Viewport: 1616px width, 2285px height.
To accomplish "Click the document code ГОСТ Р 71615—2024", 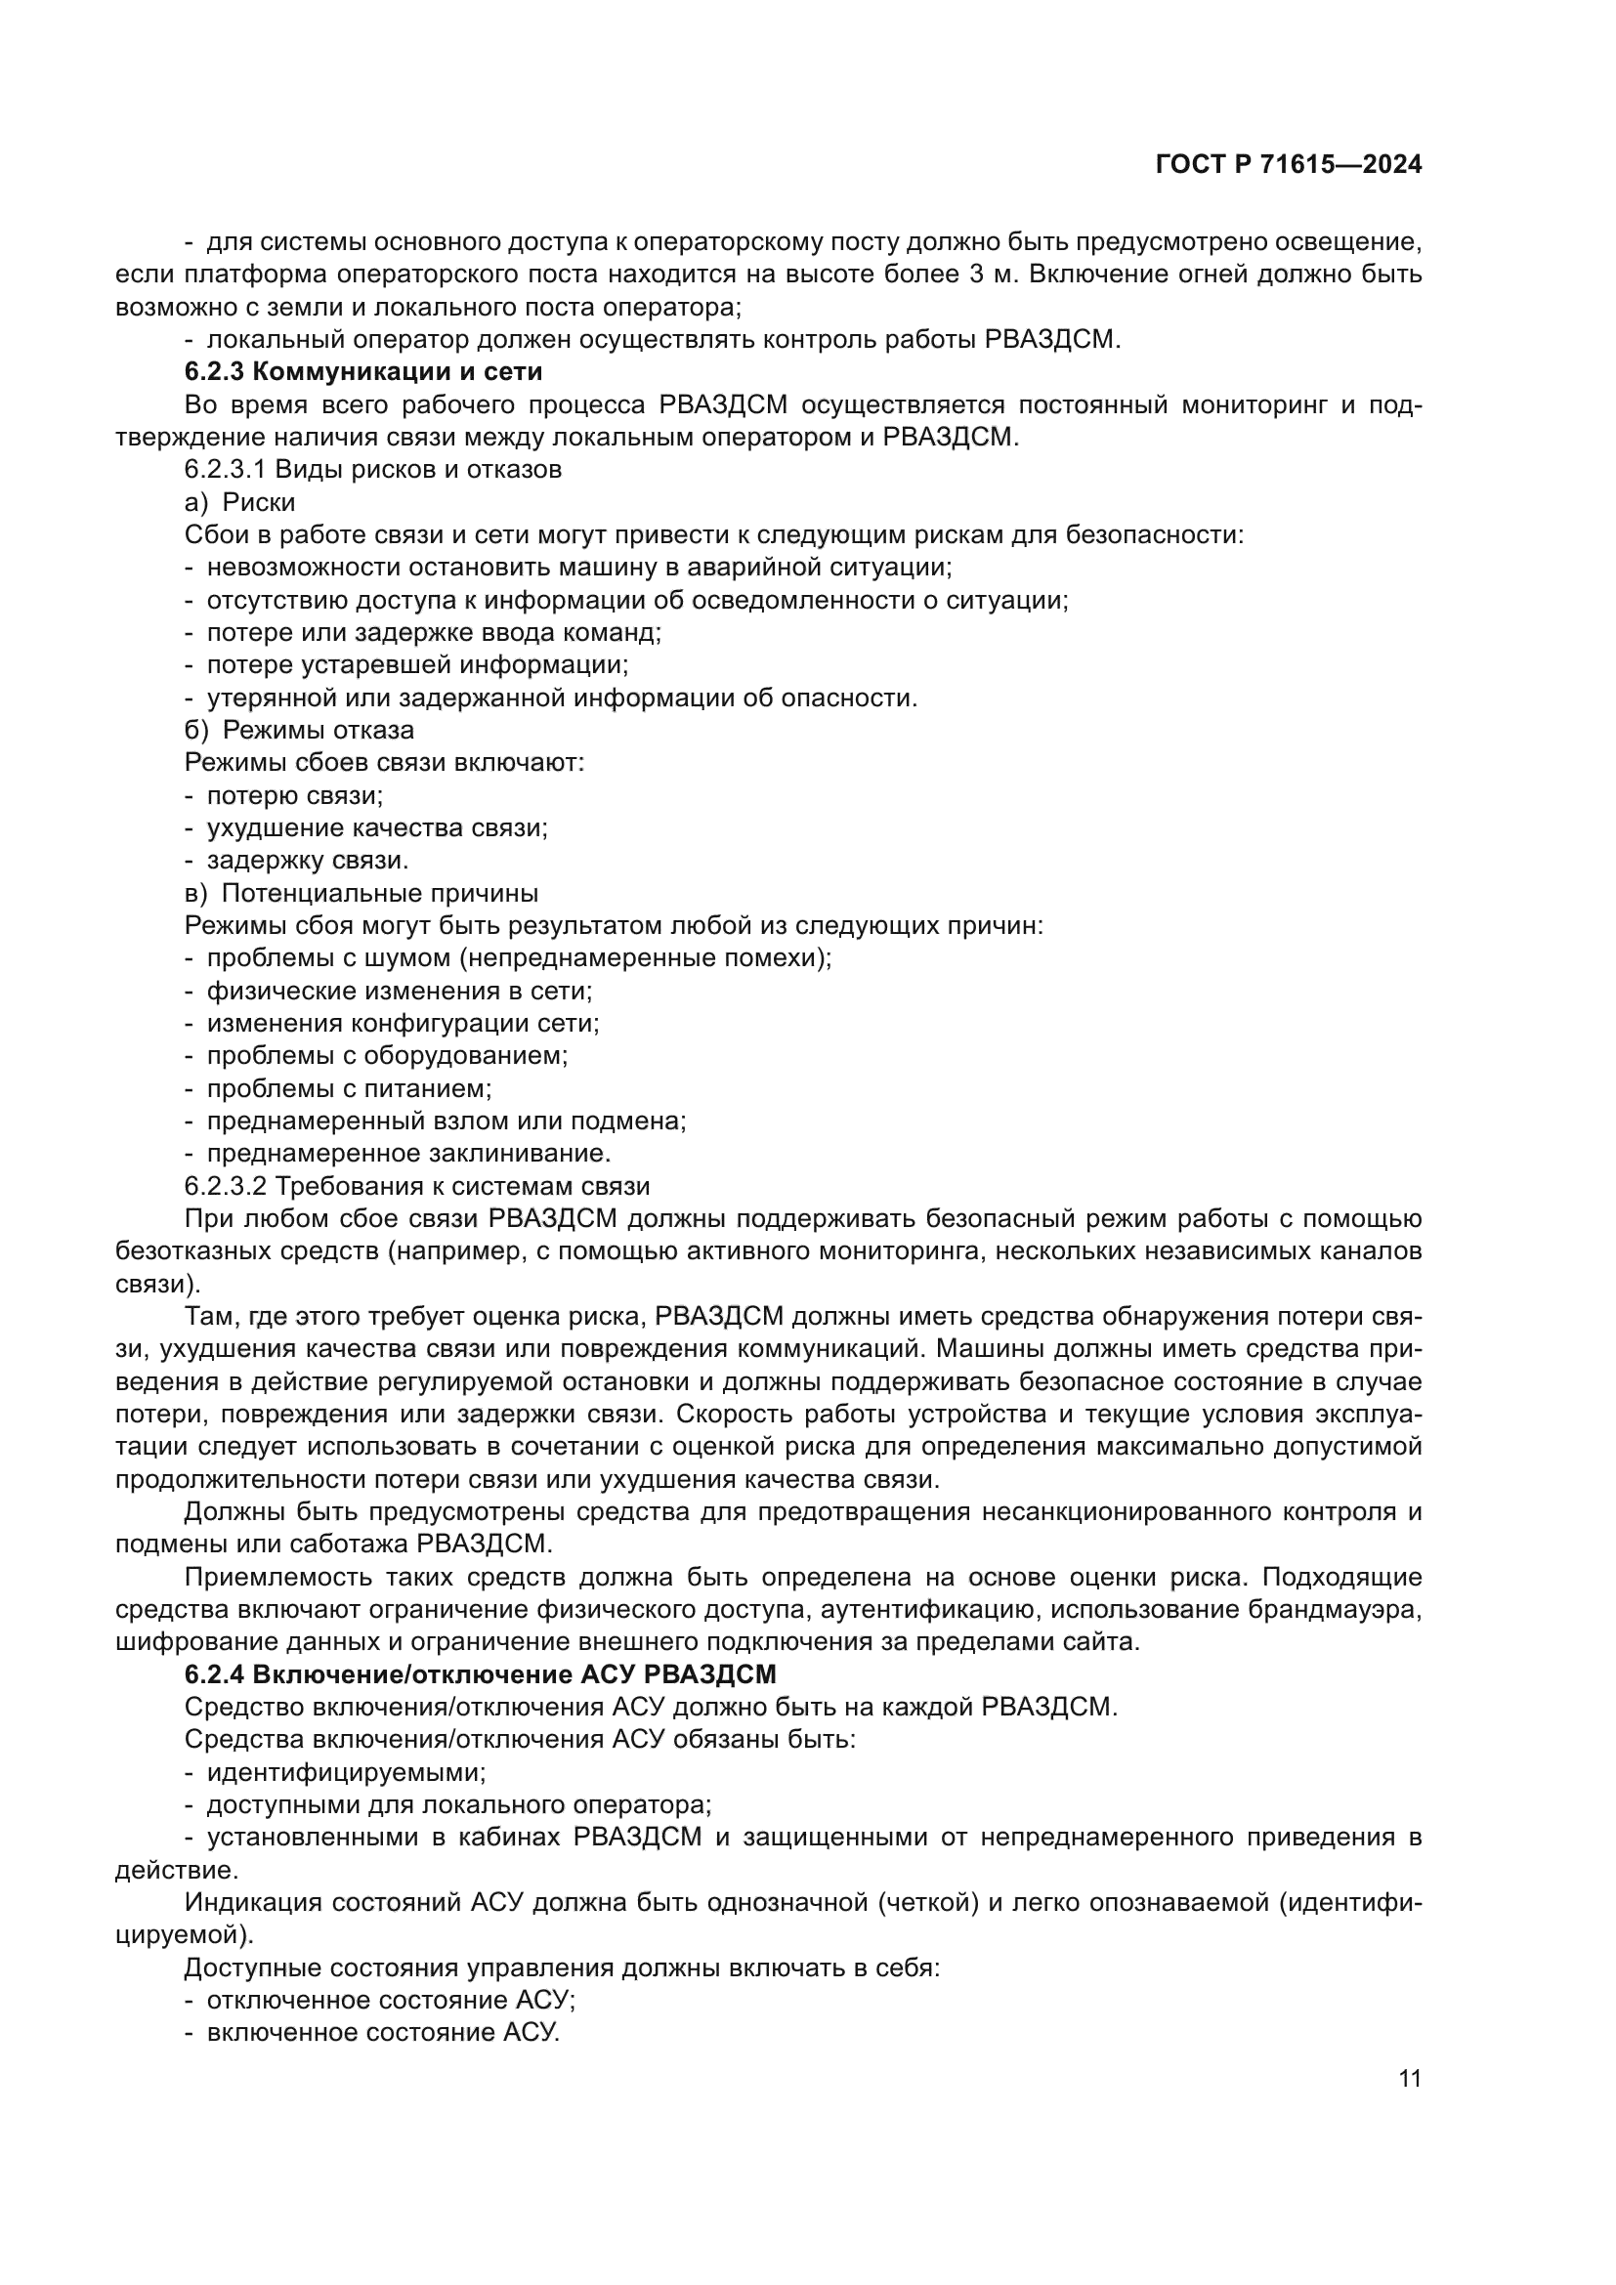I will pos(1289,165).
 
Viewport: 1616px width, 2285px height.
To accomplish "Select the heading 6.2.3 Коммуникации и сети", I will pos(363,372).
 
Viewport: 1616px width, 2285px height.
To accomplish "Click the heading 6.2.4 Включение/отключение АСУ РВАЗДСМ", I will pos(480,1674).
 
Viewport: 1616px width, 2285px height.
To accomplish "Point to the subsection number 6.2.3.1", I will pos(226,470).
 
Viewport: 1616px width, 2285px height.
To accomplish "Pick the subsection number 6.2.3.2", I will pos(226,1186).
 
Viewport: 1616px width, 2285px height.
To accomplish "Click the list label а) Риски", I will pos(239,502).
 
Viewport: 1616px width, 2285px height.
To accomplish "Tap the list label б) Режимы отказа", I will pos(299,731).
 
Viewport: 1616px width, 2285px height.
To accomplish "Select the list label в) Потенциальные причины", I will pos(361,893).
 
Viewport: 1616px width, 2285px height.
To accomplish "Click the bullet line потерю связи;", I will pos(294,795).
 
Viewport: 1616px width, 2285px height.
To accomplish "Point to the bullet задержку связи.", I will pos(307,861).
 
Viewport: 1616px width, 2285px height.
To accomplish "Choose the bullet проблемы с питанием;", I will pos(348,1088).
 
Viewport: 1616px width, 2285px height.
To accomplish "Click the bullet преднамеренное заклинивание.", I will pos(408,1154).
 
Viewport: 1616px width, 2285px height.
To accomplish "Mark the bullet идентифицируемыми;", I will pos(345,1772).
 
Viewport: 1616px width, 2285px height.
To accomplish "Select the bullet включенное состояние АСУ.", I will pos(383,2033).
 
